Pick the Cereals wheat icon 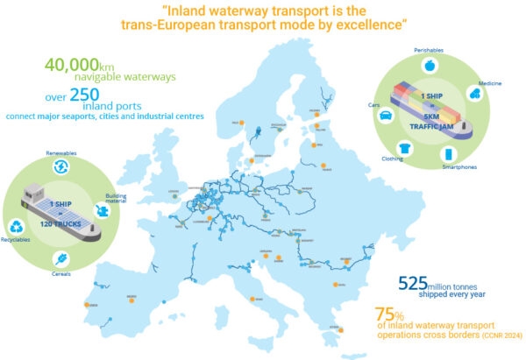coord(63,258)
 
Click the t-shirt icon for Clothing coord(404,148)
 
